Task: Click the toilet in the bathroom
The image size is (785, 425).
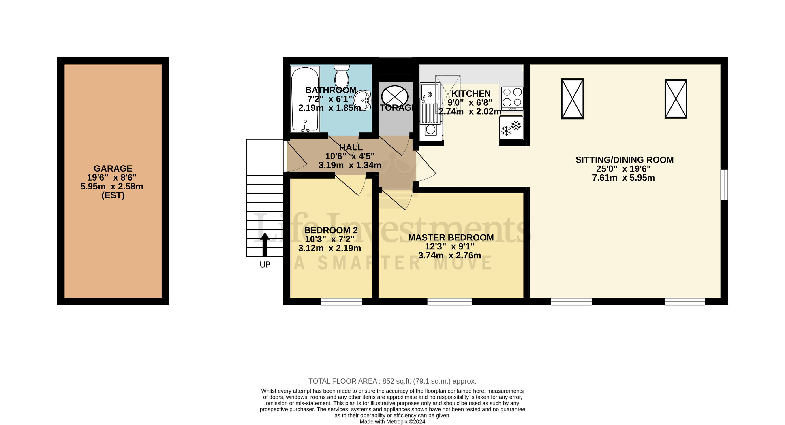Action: coord(341,76)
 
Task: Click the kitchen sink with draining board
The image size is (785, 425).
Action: coord(430,104)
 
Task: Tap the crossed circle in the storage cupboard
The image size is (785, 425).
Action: coord(395,96)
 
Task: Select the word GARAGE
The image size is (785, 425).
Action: coord(113,168)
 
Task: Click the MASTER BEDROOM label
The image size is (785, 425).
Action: coord(451,238)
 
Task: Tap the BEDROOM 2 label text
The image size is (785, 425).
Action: coord(331,230)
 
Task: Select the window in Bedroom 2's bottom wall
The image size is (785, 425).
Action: coord(341,301)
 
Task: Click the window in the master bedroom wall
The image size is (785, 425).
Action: coord(449,301)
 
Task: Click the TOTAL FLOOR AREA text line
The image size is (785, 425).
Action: coord(392,381)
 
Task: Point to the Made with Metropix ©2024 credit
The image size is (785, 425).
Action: coord(392,422)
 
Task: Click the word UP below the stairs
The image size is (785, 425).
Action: coord(265,265)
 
